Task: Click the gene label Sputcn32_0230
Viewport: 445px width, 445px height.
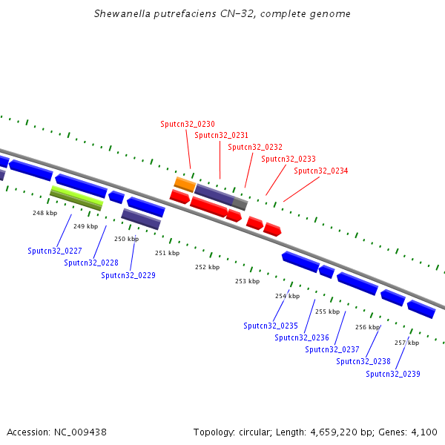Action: coord(188,124)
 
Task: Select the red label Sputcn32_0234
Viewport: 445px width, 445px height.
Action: coord(320,171)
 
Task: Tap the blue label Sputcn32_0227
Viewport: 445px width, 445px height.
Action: coord(55,251)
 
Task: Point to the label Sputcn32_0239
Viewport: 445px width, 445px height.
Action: coord(393,374)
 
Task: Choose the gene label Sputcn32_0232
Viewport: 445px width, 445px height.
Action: coord(255,147)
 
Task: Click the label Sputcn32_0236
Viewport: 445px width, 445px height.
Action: coord(302,337)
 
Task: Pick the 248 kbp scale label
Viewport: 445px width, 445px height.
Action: coord(44,213)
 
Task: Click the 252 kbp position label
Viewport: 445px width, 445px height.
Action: coord(207,267)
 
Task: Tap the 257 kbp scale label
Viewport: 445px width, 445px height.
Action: coord(406,343)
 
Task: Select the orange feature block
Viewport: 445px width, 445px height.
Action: coord(185,185)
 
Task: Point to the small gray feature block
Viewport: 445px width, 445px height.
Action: coord(240,204)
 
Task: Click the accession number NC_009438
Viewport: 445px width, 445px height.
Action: coord(80,432)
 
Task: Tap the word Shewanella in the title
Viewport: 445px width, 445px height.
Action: coord(122,13)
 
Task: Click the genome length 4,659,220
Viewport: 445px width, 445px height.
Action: coord(334,432)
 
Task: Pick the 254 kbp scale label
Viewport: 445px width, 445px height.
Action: coord(287,296)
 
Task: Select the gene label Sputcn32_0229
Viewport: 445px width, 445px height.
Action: coord(128,275)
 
